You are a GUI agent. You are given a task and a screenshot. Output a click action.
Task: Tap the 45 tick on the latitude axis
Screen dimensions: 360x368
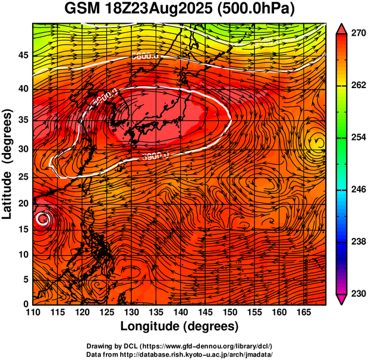(23, 55)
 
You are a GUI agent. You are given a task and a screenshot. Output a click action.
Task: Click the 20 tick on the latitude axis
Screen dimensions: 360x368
(23, 203)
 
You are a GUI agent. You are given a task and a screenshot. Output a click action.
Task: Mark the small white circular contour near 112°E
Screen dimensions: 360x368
(43, 219)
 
